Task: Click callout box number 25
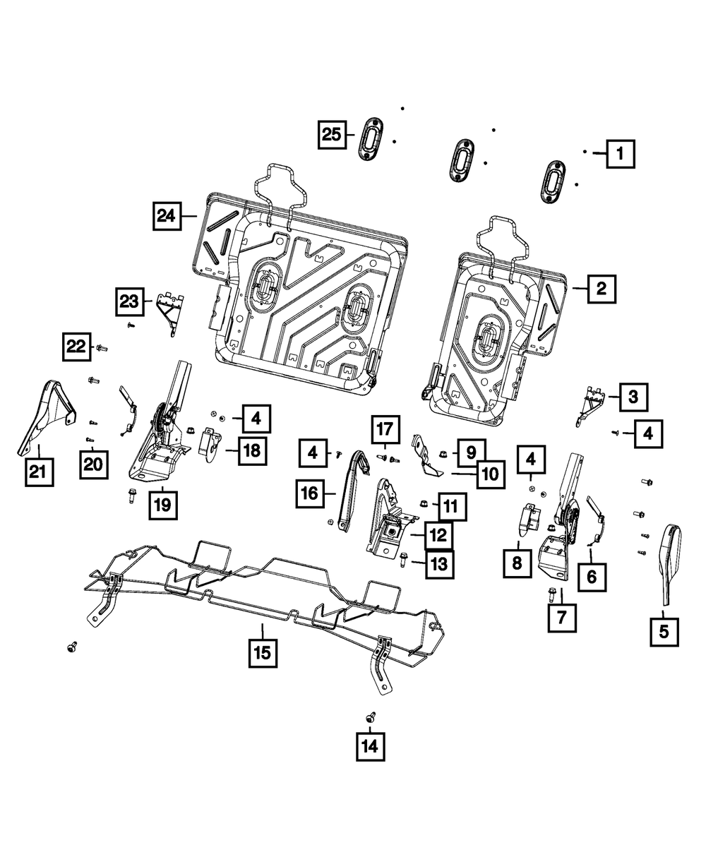(x=330, y=133)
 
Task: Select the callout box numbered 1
(x=619, y=152)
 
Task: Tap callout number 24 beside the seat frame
(x=167, y=215)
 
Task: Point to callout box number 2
(x=601, y=288)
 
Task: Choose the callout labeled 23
(x=130, y=303)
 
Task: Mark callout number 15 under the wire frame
(x=262, y=653)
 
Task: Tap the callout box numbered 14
(x=370, y=745)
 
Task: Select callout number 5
(x=664, y=630)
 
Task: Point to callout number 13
(x=439, y=564)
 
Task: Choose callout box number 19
(x=163, y=505)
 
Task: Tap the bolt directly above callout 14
(x=371, y=716)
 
